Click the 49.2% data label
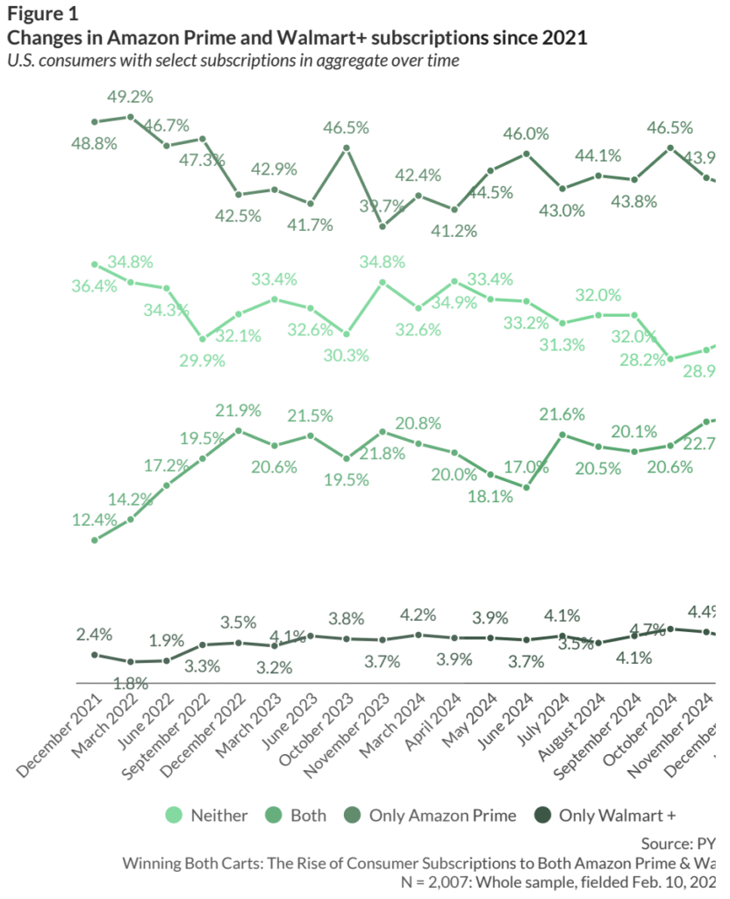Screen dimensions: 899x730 pos(131,97)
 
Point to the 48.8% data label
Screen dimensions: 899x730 pos(95,144)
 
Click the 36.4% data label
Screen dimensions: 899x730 pos(94,286)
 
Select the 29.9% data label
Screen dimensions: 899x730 pos(203,359)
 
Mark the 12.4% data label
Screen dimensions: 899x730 pos(95,520)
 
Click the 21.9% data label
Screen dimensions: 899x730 pos(239,410)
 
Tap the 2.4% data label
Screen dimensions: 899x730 pos(94,633)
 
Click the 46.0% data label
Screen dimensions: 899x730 pos(526,133)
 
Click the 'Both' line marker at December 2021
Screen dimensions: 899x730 pos(95,539)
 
